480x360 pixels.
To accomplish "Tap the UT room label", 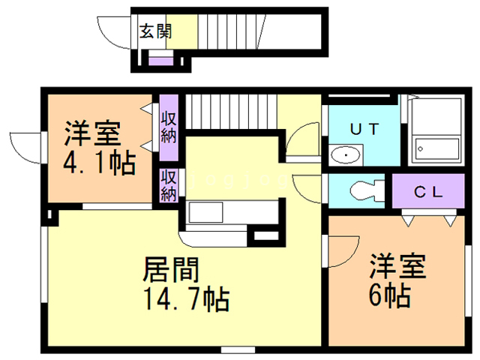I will tap(365, 128).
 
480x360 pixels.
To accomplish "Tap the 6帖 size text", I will tap(389, 295).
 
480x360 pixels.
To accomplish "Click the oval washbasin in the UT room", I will tap(346, 155).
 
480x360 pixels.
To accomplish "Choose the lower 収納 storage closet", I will tap(168, 185).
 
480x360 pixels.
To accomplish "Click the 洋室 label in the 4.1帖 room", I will tap(91, 134).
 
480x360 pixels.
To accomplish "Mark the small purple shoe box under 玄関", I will tap(160, 60).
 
